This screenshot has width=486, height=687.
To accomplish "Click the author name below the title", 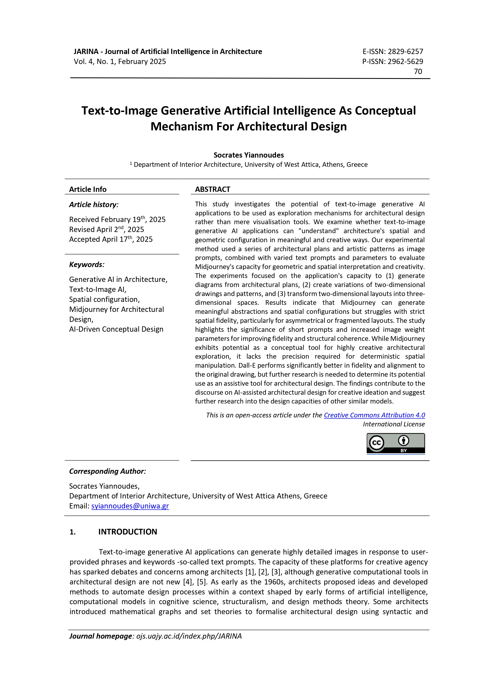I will coord(249,155).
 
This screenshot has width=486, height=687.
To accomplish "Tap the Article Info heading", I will coord(88,189).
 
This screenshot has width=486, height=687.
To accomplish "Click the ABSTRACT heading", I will coord(213,189).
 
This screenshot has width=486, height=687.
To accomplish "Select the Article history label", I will coord(94,205).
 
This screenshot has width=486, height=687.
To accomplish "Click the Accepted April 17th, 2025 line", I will coord(111,239).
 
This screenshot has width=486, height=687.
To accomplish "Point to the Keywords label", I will coord(87,265).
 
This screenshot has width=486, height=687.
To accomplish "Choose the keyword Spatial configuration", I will coord(104,300).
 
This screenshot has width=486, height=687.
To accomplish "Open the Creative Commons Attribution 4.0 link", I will coord(374,415).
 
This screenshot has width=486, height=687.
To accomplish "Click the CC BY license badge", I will coord(395,443).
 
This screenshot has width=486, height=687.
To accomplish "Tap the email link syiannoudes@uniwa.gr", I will coord(130,506).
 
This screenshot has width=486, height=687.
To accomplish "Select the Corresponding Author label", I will coord(108,471).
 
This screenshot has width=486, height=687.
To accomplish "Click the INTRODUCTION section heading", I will coord(128,532).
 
